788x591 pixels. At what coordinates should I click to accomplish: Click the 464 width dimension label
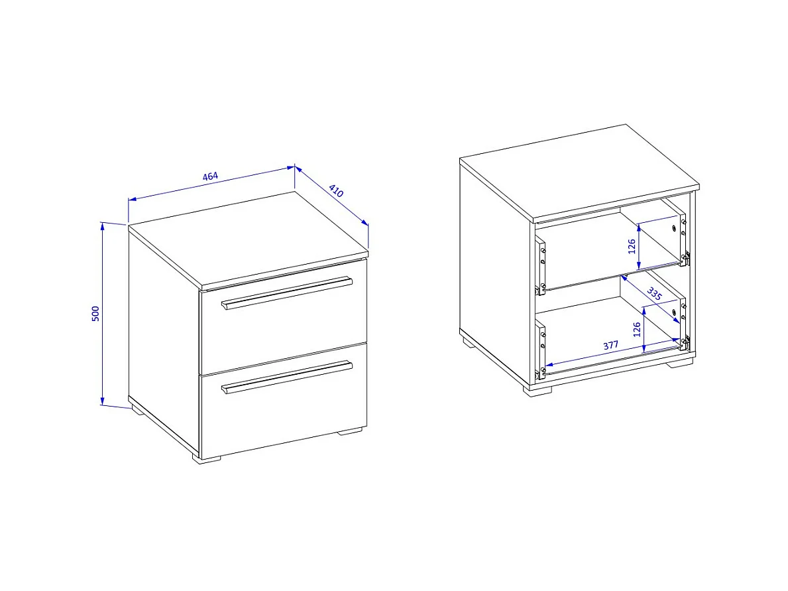[210, 176]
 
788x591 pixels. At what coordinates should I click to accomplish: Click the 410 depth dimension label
[336, 190]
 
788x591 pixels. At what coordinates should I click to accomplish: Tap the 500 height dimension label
[95, 313]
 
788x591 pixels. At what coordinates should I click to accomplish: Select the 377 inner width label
[610, 346]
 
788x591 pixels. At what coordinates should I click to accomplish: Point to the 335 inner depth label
[654, 294]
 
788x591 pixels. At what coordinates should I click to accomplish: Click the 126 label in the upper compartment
[632, 247]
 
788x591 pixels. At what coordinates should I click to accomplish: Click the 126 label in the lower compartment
[637, 330]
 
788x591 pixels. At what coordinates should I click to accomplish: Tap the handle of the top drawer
[287, 293]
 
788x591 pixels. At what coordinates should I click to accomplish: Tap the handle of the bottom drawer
[287, 377]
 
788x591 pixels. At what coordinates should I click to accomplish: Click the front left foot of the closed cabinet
[208, 460]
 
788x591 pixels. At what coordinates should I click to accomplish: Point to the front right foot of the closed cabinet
[350, 431]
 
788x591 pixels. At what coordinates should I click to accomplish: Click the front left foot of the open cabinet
[537, 390]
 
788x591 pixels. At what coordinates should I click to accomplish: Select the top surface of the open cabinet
[579, 172]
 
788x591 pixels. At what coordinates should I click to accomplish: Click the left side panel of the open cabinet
[496, 271]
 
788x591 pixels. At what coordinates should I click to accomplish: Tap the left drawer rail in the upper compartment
[541, 264]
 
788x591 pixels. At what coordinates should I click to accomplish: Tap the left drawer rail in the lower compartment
[541, 349]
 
